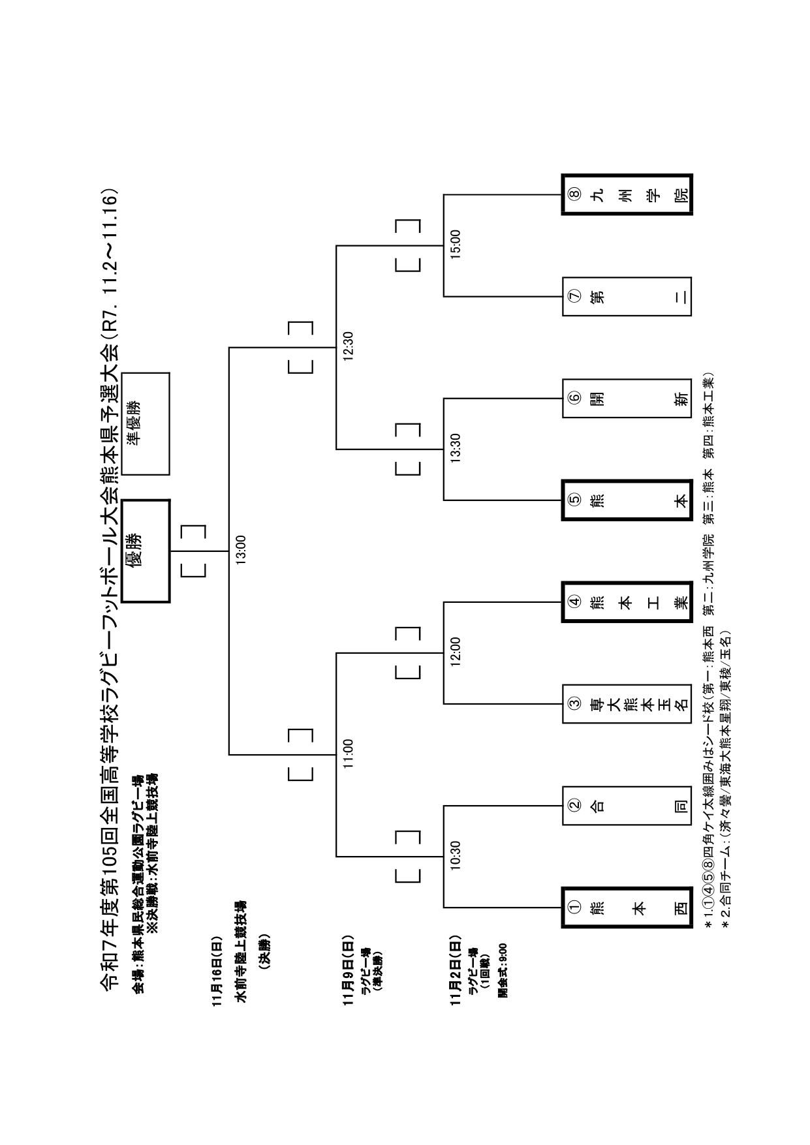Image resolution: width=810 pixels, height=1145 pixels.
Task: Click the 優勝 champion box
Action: [x=146, y=551]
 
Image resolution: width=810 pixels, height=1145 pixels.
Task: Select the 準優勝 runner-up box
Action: [x=146, y=423]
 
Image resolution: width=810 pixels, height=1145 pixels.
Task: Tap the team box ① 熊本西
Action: [x=627, y=907]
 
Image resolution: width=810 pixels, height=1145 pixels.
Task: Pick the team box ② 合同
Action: [x=627, y=805]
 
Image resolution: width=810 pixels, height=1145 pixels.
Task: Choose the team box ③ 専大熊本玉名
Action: [x=627, y=703]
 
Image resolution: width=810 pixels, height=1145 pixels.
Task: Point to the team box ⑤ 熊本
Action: [x=627, y=500]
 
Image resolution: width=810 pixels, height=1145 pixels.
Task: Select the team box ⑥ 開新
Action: [x=627, y=398]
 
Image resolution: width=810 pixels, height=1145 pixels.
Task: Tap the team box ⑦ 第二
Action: [x=627, y=297]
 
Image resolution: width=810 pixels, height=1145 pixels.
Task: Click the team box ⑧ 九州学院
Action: [x=627, y=194]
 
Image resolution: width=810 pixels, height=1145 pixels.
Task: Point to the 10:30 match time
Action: [x=456, y=855]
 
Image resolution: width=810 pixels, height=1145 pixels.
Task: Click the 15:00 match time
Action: [x=456, y=245]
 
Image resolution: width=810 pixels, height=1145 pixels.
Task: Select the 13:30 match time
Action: [x=456, y=449]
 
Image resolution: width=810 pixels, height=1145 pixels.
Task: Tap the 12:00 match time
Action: [x=456, y=652]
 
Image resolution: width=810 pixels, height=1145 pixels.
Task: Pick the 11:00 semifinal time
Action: [x=348, y=754]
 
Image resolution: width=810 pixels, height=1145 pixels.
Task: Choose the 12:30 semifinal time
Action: [x=348, y=346]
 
